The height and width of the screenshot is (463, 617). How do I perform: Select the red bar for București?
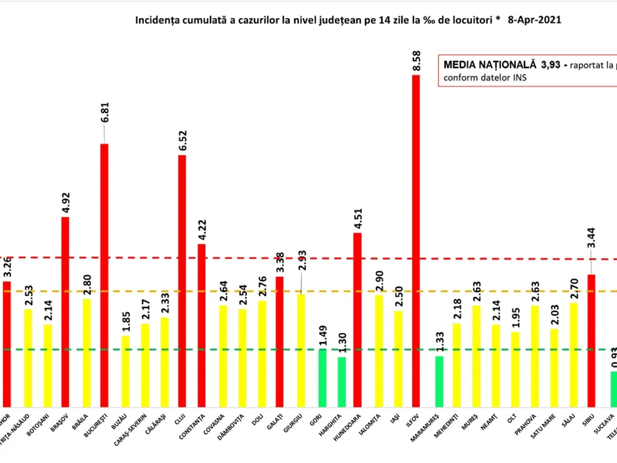[x=104, y=275]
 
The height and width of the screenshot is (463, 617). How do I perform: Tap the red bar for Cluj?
[x=182, y=281]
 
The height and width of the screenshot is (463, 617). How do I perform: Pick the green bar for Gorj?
[x=322, y=378]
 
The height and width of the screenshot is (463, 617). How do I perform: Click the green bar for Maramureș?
[x=439, y=381]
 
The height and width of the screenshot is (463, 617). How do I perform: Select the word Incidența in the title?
[x=154, y=21]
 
